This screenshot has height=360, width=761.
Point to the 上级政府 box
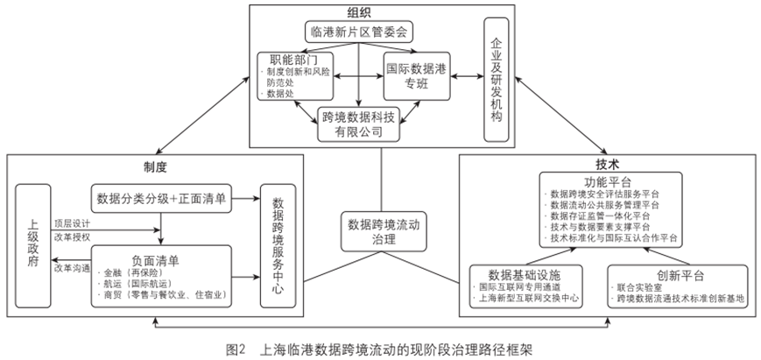[31, 243]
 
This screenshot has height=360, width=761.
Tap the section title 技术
[606, 164]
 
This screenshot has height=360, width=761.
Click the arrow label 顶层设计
[71, 223]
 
